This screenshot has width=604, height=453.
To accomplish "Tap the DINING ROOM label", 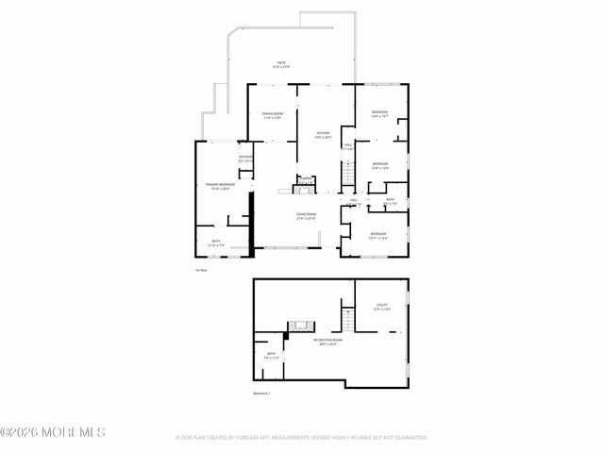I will [273, 116].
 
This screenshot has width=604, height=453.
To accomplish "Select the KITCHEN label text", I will [323, 134].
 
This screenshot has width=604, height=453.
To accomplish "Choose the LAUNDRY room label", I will [245, 159].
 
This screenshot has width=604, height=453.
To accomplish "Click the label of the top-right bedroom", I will [379, 114].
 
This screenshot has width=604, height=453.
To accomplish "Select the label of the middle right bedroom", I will [380, 165].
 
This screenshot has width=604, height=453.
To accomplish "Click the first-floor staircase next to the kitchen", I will [347, 175].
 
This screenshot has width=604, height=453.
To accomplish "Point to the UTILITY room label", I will [382, 307].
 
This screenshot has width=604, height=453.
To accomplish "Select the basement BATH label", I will [271, 356].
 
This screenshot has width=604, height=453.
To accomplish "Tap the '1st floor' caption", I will [200, 271].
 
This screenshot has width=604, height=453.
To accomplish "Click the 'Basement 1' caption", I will [261, 393].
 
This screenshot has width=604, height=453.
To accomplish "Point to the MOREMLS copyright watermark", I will [54, 432].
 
